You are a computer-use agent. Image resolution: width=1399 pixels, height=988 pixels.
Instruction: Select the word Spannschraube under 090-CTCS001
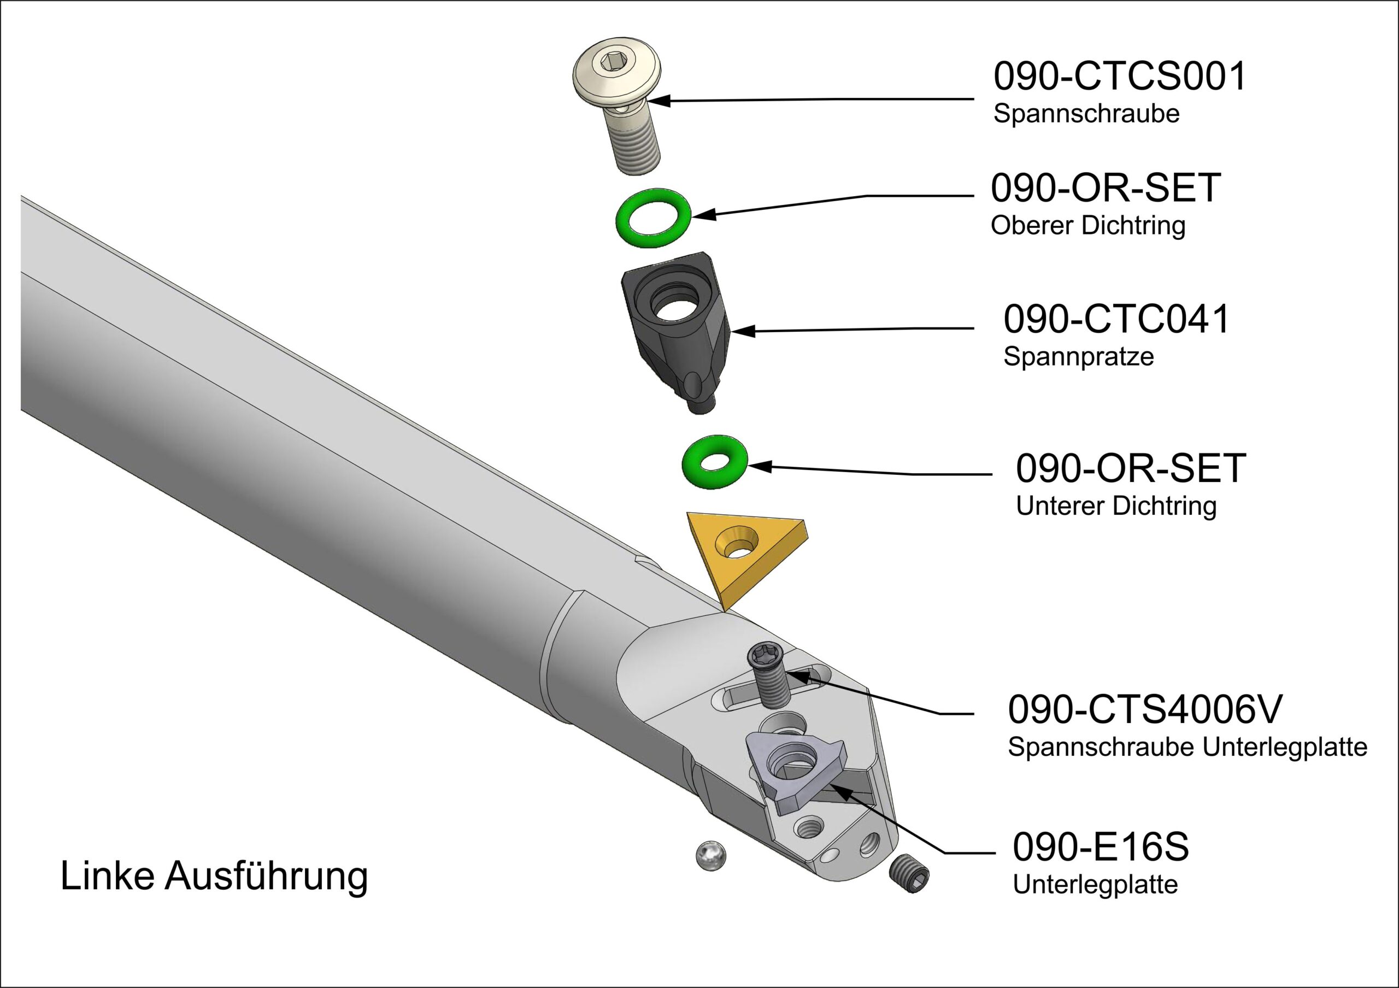tap(1086, 114)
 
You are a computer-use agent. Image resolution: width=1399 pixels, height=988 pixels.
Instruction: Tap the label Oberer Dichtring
tap(1088, 226)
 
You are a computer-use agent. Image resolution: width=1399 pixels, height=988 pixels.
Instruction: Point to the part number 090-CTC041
tap(1116, 319)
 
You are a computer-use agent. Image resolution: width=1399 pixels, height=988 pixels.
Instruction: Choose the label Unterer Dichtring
tap(1116, 506)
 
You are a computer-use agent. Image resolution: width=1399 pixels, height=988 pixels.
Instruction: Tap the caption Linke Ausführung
tap(214, 877)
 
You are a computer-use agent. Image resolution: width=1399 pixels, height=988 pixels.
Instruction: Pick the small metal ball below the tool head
tap(710, 855)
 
